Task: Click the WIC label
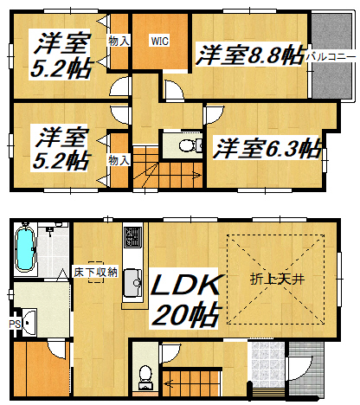pyautogui.click(x=160, y=42)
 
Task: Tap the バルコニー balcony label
pyautogui.click(x=331, y=56)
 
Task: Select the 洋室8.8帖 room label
pyautogui.click(x=250, y=55)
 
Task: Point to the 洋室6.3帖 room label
pyautogui.click(x=267, y=148)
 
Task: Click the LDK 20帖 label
pyautogui.click(x=187, y=300)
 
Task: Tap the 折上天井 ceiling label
pyautogui.click(x=277, y=279)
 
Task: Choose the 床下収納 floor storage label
pyautogui.click(x=95, y=272)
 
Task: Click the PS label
pyautogui.click(x=15, y=324)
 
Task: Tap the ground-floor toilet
pyautogui.click(x=145, y=377)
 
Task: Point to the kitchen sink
pyautogui.click(x=132, y=283)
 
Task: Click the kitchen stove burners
pyautogui.click(x=132, y=236)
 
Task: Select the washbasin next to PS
pyautogui.click(x=29, y=322)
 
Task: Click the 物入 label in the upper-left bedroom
pyautogui.click(x=119, y=41)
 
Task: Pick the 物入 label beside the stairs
pyautogui.click(x=119, y=160)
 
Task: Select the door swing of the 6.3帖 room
pyautogui.click(x=214, y=115)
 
